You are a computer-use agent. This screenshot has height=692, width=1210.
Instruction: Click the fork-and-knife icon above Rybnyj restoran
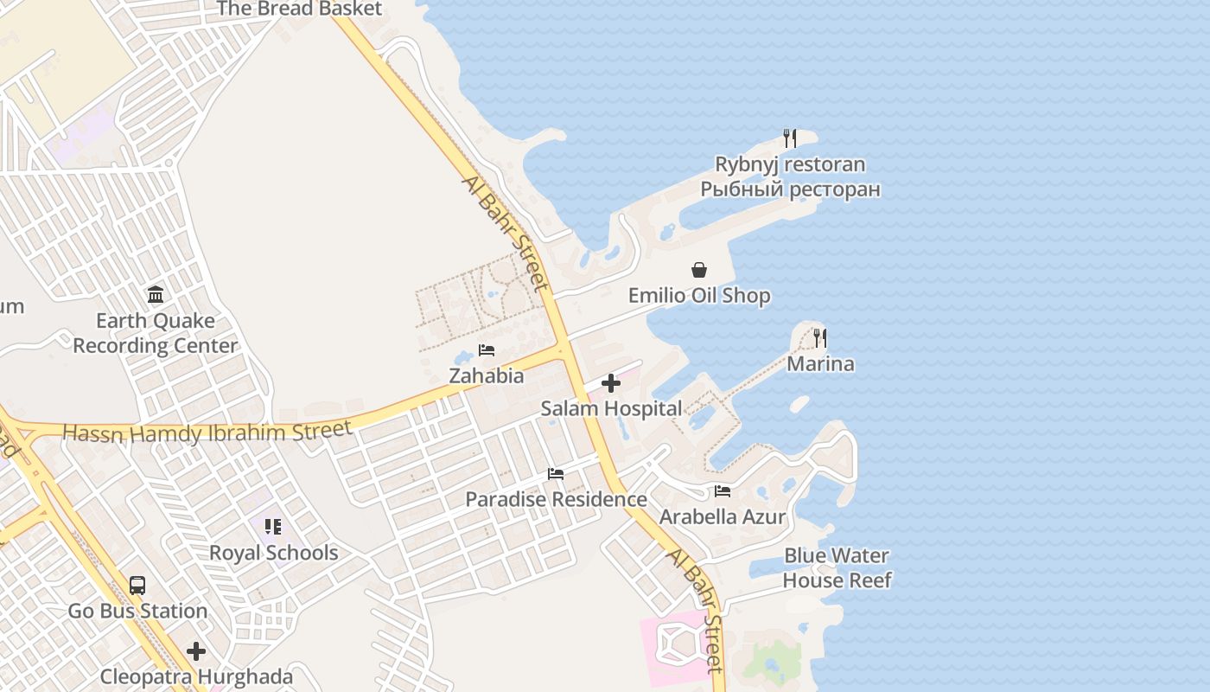click(789, 138)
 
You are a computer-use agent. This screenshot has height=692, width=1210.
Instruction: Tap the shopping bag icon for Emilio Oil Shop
click(698, 270)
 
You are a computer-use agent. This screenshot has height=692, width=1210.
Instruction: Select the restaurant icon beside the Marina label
click(819, 338)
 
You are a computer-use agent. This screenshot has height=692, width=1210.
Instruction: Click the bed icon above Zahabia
click(487, 350)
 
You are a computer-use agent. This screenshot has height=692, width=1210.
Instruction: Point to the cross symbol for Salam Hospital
click(611, 383)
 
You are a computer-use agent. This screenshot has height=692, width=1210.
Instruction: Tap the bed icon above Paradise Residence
click(556, 474)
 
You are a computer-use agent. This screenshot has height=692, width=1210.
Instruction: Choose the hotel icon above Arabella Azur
click(723, 491)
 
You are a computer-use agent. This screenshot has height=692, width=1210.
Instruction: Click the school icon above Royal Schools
click(273, 527)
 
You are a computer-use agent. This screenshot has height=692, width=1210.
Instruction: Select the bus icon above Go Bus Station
click(137, 586)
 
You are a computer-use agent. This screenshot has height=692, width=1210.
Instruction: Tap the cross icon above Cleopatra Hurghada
click(196, 650)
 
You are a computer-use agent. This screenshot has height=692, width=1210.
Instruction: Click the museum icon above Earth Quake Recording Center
click(156, 295)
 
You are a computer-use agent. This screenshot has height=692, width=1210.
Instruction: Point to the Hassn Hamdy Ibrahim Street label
click(207, 432)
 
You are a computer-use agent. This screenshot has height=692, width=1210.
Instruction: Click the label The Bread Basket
click(299, 10)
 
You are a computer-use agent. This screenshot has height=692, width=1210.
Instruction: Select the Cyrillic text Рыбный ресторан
click(790, 189)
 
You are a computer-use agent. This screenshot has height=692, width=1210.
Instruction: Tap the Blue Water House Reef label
click(837, 567)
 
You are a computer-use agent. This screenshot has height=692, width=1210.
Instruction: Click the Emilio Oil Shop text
click(699, 296)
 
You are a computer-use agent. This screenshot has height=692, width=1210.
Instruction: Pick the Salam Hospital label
click(611, 408)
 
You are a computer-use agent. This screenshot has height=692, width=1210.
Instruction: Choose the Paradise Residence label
click(556, 499)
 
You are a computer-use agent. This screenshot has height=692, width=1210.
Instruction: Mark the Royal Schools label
click(273, 553)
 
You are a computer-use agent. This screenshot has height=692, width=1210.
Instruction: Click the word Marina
click(820, 364)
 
